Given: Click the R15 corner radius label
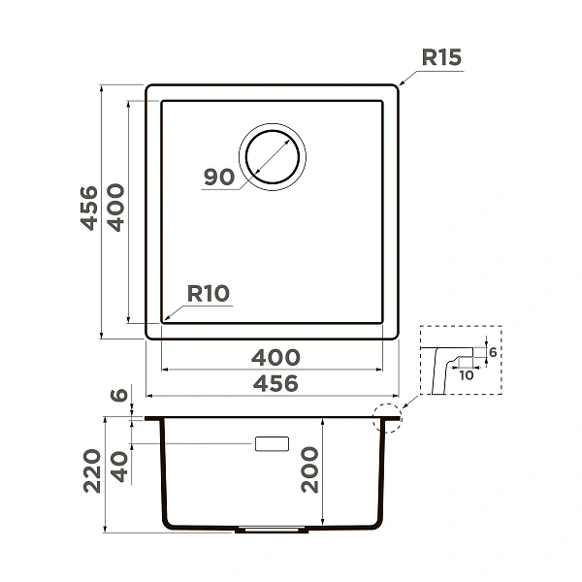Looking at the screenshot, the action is coord(441,57).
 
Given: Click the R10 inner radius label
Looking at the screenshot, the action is coord(209,293).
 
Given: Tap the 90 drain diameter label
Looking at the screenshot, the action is coord(219,177).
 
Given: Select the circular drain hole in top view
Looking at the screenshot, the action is coord(273,157).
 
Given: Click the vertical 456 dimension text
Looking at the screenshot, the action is coord(89,209).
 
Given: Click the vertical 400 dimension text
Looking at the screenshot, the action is coord(115,208).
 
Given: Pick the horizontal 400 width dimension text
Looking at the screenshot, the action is coord(275,357).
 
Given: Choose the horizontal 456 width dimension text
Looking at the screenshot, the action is coord(275,383).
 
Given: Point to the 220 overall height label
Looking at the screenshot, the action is coord(92,471).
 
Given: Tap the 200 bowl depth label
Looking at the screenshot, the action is coord(309,469).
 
